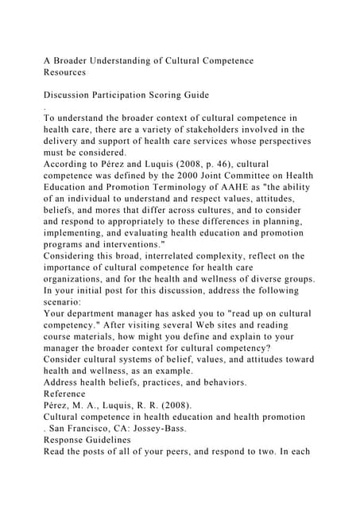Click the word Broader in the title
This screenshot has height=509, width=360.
(x=79, y=61)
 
